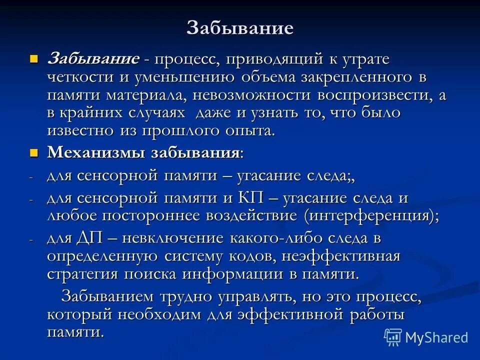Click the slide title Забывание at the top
pos(239,28)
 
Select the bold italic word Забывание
pos(93,59)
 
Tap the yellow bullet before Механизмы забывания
pos(34,152)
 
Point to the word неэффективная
pos(341,256)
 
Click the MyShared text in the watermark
pos(436,337)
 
